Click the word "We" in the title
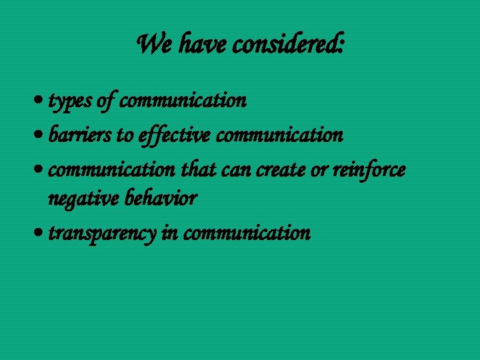click(x=151, y=45)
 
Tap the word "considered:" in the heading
click(x=289, y=45)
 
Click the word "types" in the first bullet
click(x=71, y=101)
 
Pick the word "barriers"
click(x=80, y=136)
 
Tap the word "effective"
click(x=175, y=136)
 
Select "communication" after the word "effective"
click(x=280, y=136)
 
